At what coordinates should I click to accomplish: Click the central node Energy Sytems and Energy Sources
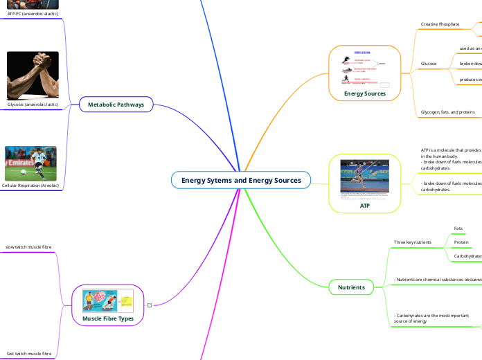click(x=241, y=181)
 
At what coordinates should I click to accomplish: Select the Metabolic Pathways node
click(x=116, y=105)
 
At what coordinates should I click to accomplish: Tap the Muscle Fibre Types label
click(x=107, y=318)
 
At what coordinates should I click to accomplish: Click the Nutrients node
click(x=351, y=287)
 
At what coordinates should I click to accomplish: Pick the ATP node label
click(x=364, y=206)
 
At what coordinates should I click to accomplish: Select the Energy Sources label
click(x=364, y=93)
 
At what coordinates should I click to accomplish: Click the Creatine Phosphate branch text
click(x=440, y=24)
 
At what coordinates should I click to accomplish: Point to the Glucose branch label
click(x=429, y=64)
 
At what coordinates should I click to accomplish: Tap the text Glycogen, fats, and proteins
click(x=448, y=111)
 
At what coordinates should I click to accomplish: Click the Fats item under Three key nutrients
click(x=458, y=228)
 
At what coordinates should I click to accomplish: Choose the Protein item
click(x=461, y=242)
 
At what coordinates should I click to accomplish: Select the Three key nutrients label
click(x=412, y=242)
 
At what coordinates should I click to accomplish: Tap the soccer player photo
click(x=30, y=163)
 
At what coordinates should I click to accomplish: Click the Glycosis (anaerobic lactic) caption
click(x=33, y=105)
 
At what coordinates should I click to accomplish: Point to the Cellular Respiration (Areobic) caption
click(x=30, y=186)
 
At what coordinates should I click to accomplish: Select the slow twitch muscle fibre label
click(x=28, y=247)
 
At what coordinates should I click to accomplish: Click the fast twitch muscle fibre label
click(x=28, y=353)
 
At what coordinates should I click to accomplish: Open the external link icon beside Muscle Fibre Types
click(x=150, y=305)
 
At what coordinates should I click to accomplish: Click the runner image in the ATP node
click(x=364, y=177)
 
